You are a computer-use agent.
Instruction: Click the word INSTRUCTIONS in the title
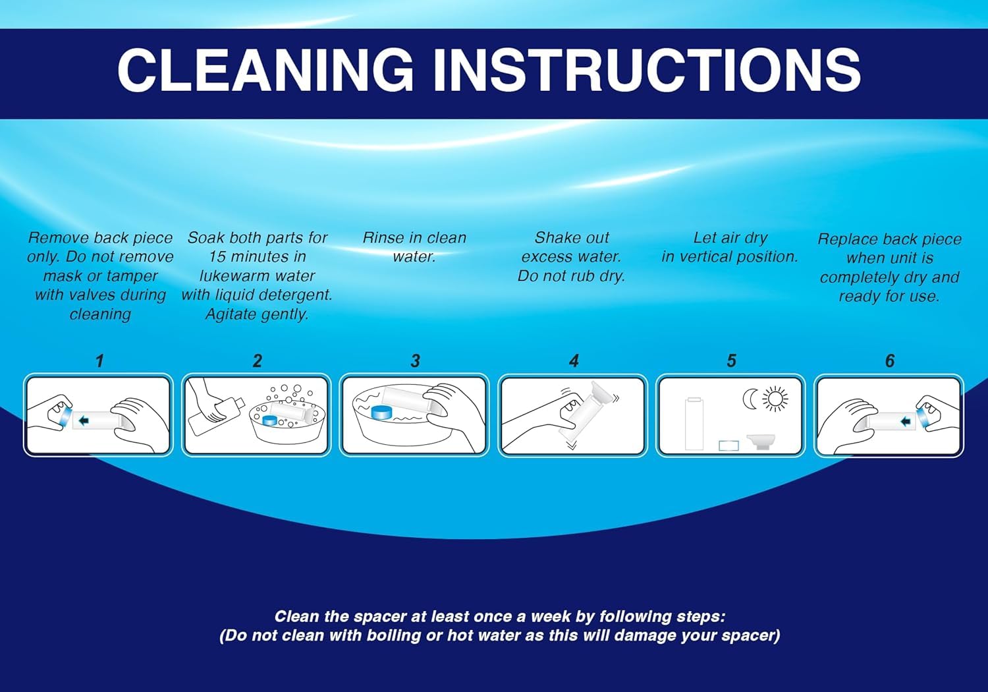tap(647, 70)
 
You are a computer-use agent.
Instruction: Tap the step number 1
tap(99, 361)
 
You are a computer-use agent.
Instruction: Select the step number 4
tap(574, 361)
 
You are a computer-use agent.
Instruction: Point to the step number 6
tap(890, 361)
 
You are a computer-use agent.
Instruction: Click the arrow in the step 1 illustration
tap(84, 420)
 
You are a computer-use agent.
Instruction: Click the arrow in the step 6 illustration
tap(906, 422)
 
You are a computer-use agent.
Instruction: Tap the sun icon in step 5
tap(775, 399)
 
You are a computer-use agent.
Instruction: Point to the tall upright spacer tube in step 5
tap(694, 424)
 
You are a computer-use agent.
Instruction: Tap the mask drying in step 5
tap(761, 442)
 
